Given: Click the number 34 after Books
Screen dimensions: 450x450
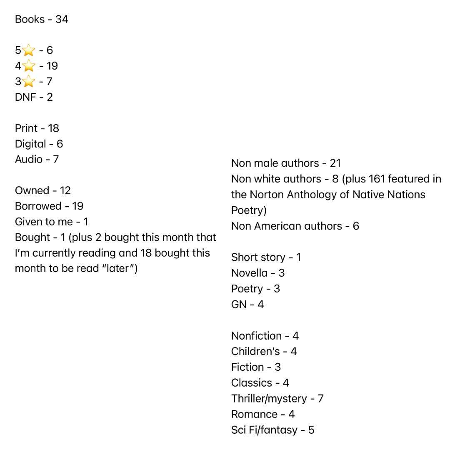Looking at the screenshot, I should [x=61, y=19].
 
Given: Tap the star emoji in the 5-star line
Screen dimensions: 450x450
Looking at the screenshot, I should [x=28, y=51].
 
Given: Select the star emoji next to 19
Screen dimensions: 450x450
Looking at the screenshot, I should [x=28, y=66].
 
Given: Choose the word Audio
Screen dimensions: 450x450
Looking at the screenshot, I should [x=28, y=159].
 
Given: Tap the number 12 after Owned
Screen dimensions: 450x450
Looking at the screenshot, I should [x=65, y=190].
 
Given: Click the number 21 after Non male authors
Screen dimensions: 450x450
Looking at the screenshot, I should [x=335, y=163].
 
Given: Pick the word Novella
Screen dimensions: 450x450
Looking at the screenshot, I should [x=249, y=273].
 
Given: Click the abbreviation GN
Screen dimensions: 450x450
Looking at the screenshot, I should [x=239, y=304].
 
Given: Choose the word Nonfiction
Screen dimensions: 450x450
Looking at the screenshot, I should [x=256, y=336].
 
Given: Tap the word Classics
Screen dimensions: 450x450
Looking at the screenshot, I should [x=252, y=382].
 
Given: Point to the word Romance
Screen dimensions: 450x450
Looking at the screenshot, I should [x=254, y=414].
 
